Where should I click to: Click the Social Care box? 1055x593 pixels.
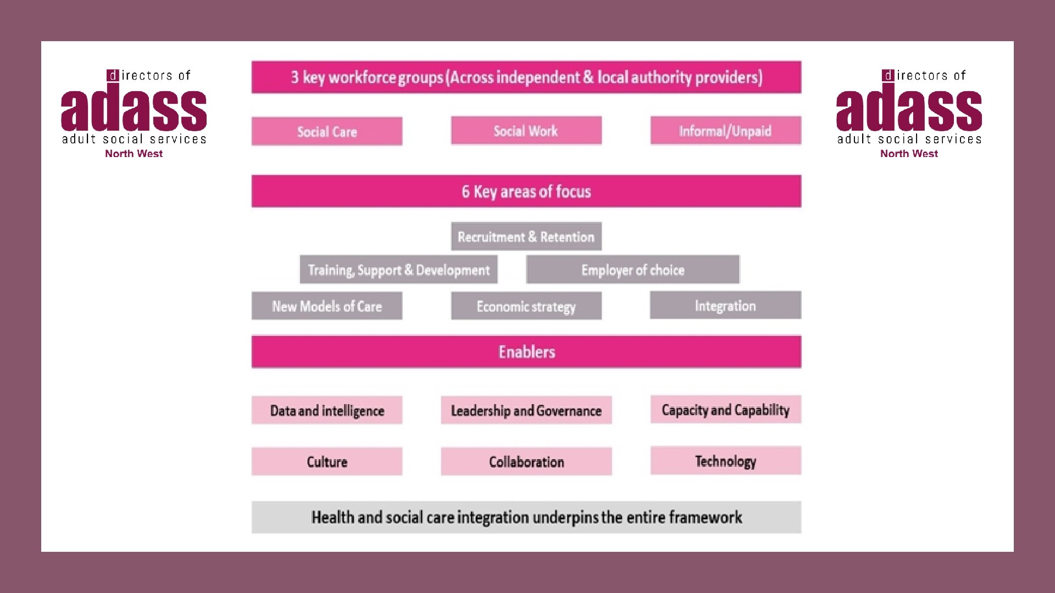(x=327, y=132)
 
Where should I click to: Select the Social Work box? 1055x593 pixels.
(x=526, y=131)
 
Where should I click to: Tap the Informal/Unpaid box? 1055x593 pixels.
(x=725, y=131)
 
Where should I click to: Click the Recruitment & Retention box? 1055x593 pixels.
(x=526, y=237)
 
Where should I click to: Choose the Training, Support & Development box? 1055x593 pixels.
(x=398, y=270)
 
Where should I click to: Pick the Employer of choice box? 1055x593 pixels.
(x=632, y=270)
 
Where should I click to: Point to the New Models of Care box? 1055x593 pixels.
(x=327, y=306)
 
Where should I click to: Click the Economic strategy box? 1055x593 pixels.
(x=526, y=306)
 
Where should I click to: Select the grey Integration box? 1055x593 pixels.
(x=725, y=305)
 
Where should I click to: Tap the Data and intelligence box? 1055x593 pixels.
(x=327, y=410)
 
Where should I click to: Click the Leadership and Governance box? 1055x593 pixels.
(x=526, y=410)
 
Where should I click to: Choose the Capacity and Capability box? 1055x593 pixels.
(x=725, y=410)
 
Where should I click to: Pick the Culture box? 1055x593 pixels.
(x=327, y=461)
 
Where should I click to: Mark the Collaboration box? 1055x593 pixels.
(x=526, y=461)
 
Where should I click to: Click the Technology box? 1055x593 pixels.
(x=725, y=461)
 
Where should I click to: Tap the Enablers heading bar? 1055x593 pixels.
(x=526, y=351)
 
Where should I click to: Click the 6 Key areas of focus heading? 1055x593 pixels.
(x=526, y=191)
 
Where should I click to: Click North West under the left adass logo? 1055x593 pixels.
(x=134, y=154)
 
